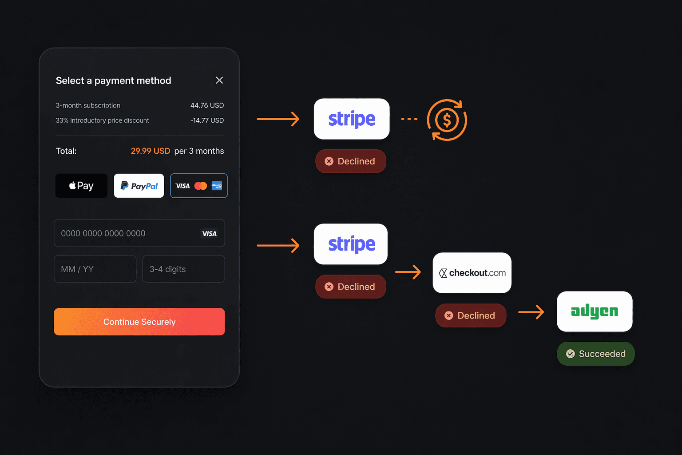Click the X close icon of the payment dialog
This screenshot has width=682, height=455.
tap(219, 80)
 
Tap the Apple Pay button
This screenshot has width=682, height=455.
tap(81, 186)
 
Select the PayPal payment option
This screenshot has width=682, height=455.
tap(139, 186)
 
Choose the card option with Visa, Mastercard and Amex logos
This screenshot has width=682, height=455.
tap(199, 186)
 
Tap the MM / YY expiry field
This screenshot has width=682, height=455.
tap(95, 269)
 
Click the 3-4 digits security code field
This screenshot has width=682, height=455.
tap(183, 269)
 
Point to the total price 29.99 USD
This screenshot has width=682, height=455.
tap(151, 151)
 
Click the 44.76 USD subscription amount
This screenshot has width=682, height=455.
tap(207, 105)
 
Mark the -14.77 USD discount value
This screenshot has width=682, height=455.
tap(207, 120)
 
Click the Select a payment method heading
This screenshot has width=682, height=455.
tap(113, 80)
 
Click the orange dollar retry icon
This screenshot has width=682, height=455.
tap(447, 120)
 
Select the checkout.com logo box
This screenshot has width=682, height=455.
tap(472, 273)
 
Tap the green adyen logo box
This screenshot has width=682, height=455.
tap(595, 311)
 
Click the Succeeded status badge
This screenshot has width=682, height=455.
tap(596, 354)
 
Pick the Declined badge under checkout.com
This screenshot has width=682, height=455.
tap(471, 315)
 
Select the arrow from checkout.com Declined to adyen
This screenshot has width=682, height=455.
tap(531, 312)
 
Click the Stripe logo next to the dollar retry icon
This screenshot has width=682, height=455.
tap(352, 119)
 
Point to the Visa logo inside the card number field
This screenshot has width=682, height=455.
tap(209, 234)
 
